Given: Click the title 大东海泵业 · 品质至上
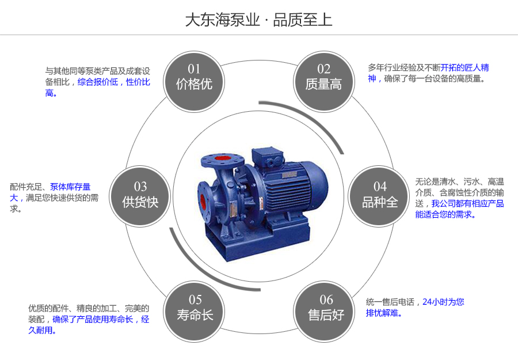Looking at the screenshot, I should click(x=258, y=20).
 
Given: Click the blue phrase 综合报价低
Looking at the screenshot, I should click(x=98, y=82).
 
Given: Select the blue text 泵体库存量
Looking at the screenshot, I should click(x=70, y=187).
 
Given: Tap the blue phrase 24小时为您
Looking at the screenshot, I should click(x=443, y=302).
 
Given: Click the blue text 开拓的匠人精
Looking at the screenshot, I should click(x=465, y=67).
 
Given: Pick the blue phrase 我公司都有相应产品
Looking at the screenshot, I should click(x=467, y=203).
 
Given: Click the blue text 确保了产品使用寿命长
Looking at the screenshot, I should click(x=93, y=319).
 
